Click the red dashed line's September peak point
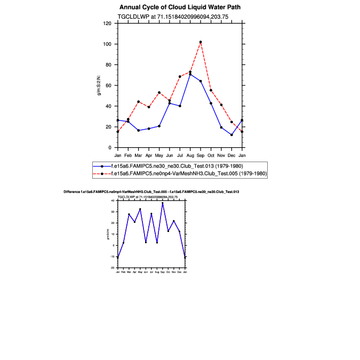pyautogui.click(x=201, y=42)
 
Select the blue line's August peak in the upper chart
pyautogui.click(x=190, y=74)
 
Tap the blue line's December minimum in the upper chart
pyautogui.click(x=231, y=134)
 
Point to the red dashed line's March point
pyautogui.click(x=138, y=101)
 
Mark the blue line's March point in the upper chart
pyautogui.click(x=138, y=130)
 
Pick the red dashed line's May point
pyautogui.click(x=159, y=92)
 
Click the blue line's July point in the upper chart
pyautogui.click(x=180, y=106)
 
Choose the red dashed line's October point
pyautogui.click(x=211, y=90)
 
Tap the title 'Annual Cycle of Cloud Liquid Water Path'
pyautogui.click(x=180, y=7)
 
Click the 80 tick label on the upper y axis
pyautogui.click(x=108, y=65)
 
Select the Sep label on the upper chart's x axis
pyautogui.click(x=201, y=155)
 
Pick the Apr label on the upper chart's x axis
pyautogui.click(x=148, y=155)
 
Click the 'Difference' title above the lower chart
pyautogui.click(x=151, y=191)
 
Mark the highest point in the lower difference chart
pyautogui.click(x=163, y=203)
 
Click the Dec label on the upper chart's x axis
pyautogui.click(x=231, y=155)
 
